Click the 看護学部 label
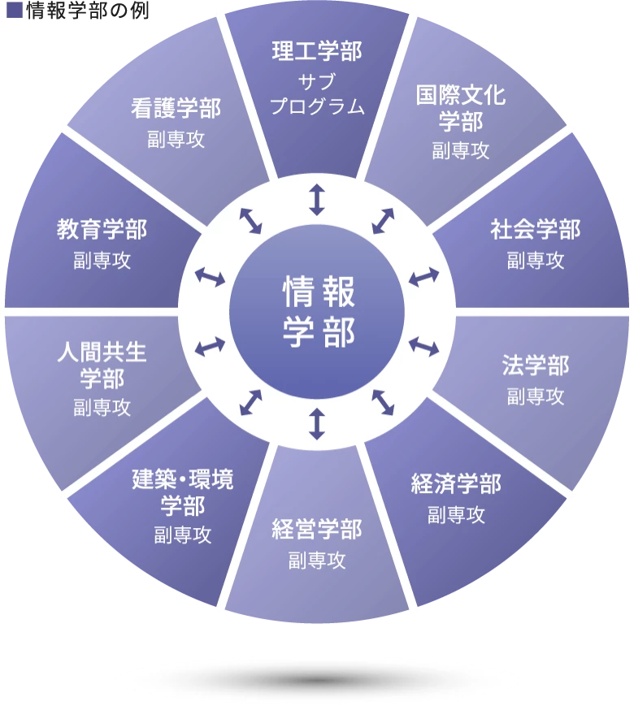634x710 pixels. (176, 108)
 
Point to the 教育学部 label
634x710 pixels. (102, 230)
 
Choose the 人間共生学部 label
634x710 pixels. (102, 366)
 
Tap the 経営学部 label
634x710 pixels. (316, 530)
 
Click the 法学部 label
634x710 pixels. (536, 366)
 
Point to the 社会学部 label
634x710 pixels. (536, 230)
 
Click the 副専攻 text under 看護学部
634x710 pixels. (176, 138)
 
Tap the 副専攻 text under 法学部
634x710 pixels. (536, 396)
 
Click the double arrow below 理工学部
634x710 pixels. (316, 199)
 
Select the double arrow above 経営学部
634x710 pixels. (316, 424)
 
